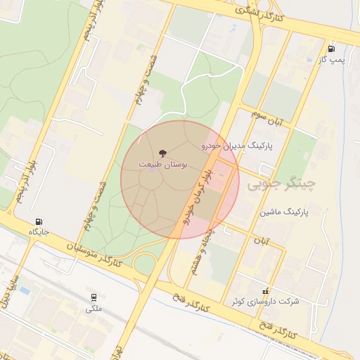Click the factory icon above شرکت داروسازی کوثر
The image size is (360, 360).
[265, 290]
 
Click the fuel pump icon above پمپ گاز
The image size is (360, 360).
[330, 49]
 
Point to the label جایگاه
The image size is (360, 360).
[39, 231]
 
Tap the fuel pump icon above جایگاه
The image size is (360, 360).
[39, 221]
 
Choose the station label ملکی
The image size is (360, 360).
[94, 308]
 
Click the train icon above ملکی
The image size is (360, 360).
[94, 297]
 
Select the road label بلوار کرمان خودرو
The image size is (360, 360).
[198, 195]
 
